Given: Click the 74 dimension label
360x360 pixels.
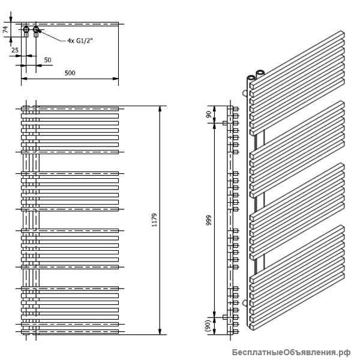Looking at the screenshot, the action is [5, 29].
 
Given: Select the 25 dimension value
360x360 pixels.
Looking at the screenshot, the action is [15, 50].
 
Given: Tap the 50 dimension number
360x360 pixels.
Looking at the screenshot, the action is [47, 60].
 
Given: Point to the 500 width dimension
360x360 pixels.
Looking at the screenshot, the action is [70, 73].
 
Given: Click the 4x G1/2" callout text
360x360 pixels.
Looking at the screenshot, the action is [80, 41].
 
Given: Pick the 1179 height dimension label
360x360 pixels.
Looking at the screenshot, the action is [154, 220].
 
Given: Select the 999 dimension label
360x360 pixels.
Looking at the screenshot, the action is [209, 220].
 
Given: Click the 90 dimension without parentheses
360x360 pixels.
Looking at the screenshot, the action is [208, 115].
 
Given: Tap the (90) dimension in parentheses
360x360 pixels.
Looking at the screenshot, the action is [208, 326].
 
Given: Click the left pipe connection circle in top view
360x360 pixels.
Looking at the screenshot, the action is [26, 29].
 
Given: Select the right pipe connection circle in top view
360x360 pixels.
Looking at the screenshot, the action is [36, 29].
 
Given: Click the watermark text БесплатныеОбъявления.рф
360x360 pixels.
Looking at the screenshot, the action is [291, 352].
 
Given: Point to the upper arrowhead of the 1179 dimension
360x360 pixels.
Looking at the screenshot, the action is [160, 109].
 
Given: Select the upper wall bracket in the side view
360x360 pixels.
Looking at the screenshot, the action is [225, 123].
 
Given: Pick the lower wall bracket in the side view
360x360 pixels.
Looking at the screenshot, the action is [225, 317].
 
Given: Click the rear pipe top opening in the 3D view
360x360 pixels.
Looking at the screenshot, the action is [260, 73].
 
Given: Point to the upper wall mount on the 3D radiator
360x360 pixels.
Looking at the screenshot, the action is [245, 93].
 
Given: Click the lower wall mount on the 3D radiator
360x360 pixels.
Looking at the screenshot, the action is [245, 303].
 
